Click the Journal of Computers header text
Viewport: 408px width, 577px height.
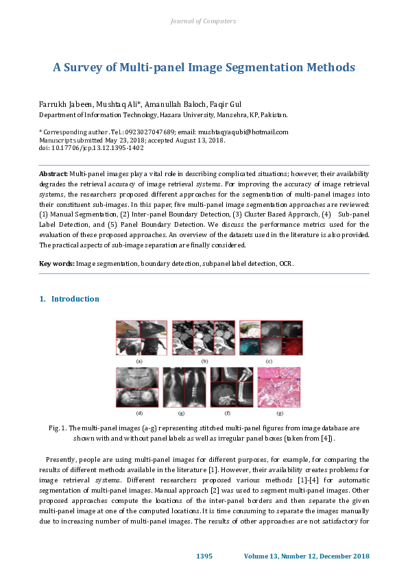[x=203, y=21]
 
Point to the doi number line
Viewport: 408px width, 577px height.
[x=82, y=147]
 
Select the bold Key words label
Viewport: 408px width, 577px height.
[x=57, y=263]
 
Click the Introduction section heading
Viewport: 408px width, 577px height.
[x=75, y=299]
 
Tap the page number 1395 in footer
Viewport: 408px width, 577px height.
[x=205, y=555]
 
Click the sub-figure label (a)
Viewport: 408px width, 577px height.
[x=139, y=360]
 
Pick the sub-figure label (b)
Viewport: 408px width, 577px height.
[x=204, y=360]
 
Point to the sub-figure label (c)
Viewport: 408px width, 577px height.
[x=269, y=360]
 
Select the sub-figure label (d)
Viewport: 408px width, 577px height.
[x=139, y=414]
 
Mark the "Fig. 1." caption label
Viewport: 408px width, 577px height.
[x=57, y=427]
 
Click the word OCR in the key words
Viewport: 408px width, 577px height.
[x=286, y=263]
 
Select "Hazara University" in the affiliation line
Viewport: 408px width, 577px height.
[x=186, y=114]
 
